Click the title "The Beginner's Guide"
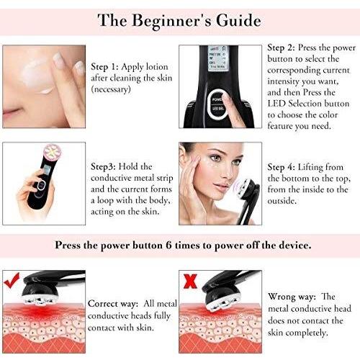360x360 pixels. click(180, 19)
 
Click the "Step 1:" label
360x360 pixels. click(106, 64)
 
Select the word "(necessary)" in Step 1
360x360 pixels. click(115, 89)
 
